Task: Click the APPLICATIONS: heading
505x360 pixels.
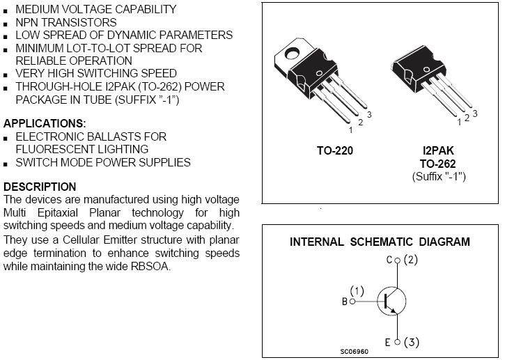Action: click(45, 123)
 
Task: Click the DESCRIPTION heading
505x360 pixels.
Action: click(40, 187)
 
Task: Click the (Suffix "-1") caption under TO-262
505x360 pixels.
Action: click(439, 176)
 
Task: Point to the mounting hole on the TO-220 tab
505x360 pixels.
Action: click(293, 50)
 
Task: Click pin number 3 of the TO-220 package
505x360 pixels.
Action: click(369, 114)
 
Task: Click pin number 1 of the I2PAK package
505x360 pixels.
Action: click(459, 123)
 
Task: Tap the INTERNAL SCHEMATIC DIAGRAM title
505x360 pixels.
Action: click(380, 242)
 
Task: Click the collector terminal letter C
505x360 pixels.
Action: click(389, 260)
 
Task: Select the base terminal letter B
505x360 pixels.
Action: click(344, 302)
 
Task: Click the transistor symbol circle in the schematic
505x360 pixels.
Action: click(391, 301)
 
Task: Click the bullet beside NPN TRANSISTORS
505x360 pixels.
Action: click(6, 23)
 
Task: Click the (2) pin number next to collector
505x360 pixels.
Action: click(410, 260)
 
